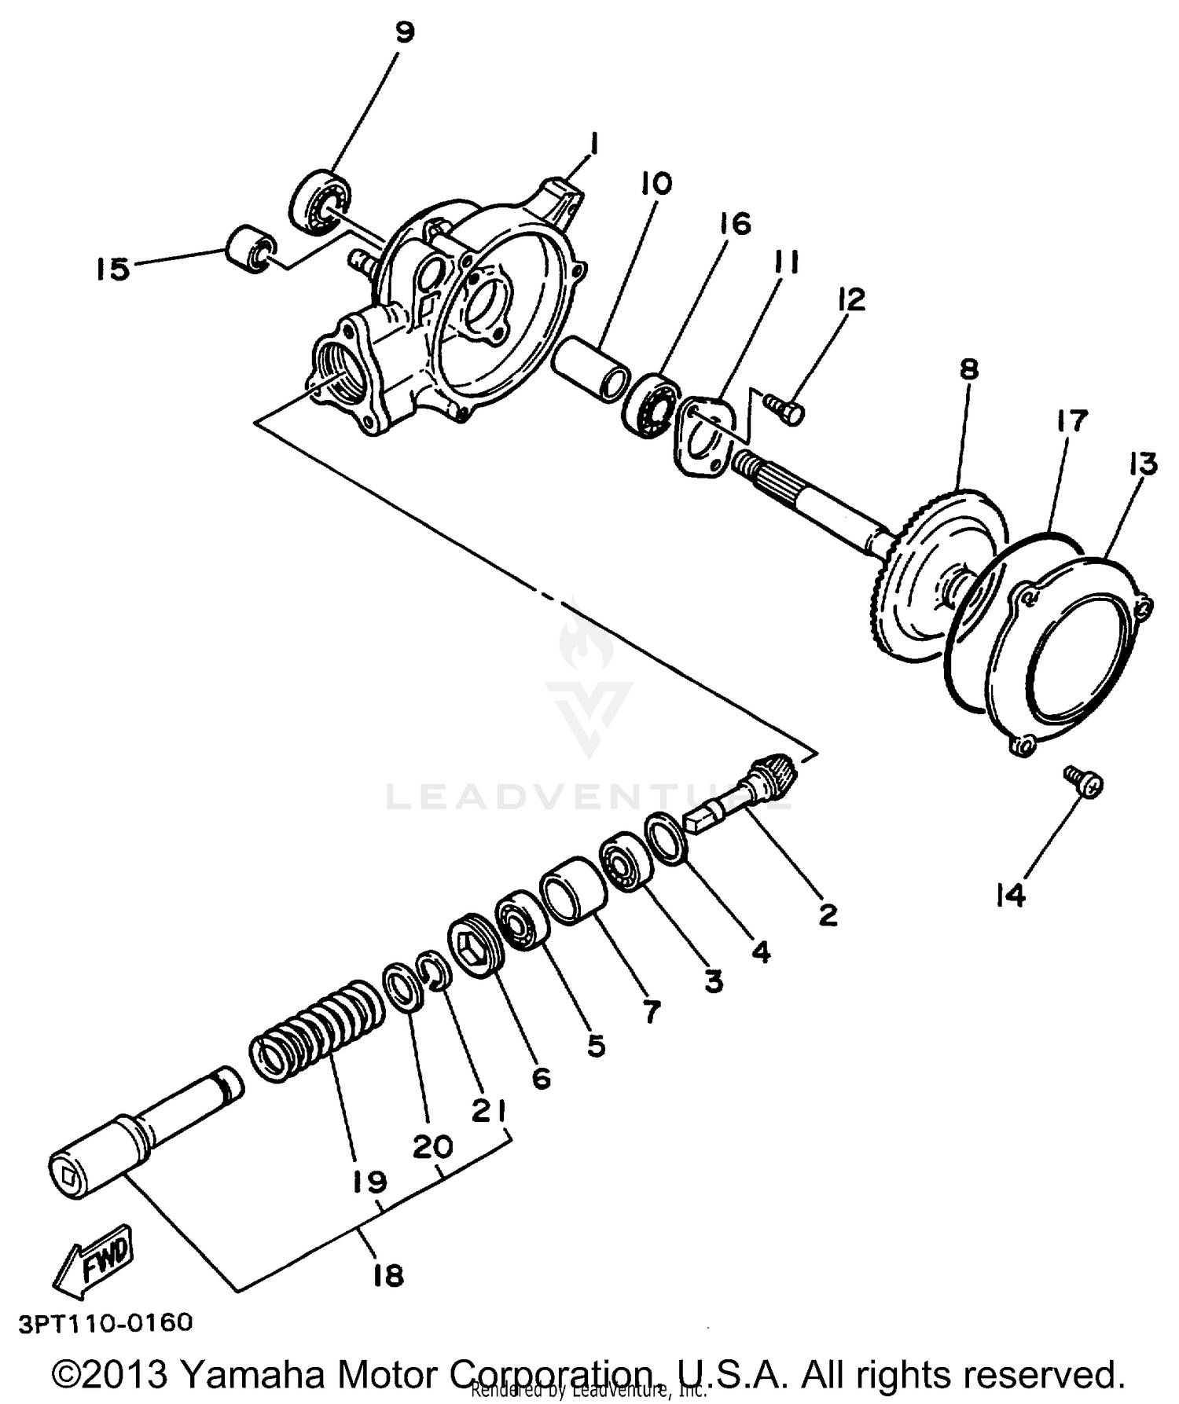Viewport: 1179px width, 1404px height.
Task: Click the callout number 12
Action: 851,299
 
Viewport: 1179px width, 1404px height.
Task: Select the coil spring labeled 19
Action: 314,1031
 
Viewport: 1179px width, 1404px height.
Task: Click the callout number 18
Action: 388,1275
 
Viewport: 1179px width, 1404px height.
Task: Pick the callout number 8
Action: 969,369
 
